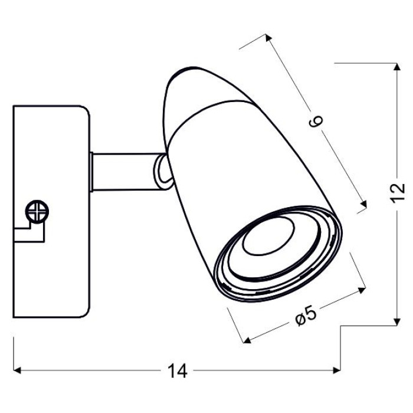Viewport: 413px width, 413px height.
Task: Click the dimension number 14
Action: coord(177,371)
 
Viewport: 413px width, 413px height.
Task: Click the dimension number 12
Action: coord(397,192)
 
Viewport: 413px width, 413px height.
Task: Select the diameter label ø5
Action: coord(306,317)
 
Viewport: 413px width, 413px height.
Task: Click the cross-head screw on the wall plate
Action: coord(37,211)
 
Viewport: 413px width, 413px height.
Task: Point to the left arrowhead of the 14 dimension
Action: coord(17,371)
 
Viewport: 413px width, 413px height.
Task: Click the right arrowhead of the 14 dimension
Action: coord(337,371)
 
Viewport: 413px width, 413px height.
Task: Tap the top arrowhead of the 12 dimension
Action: coord(397,67)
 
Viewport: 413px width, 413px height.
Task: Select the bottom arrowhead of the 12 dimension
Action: coord(397,322)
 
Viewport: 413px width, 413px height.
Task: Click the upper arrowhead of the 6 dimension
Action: coord(268,38)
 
